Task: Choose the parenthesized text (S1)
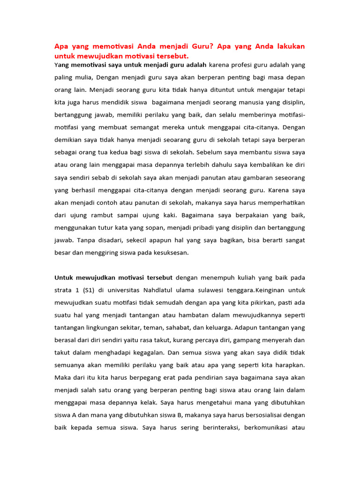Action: pyautogui.click(x=92, y=290)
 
